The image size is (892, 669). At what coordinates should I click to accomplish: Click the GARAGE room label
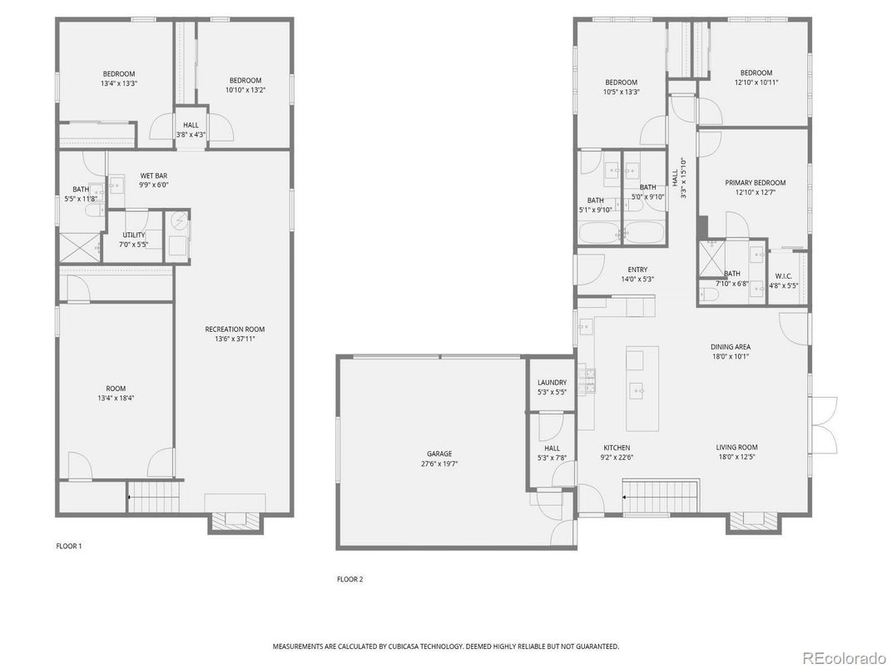pyautogui.click(x=439, y=454)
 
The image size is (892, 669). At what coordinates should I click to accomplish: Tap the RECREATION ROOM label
pyautogui.click(x=235, y=330)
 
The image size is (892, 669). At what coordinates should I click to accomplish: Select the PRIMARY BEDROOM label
pyautogui.click(x=755, y=183)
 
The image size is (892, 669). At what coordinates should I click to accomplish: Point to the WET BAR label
pyautogui.click(x=152, y=176)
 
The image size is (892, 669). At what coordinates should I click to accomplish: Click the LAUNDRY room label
pyautogui.click(x=552, y=383)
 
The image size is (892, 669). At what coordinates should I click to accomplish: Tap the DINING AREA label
pyautogui.click(x=730, y=347)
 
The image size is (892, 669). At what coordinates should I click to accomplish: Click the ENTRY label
pyautogui.click(x=637, y=270)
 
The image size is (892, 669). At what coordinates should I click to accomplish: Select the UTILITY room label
pyautogui.click(x=134, y=235)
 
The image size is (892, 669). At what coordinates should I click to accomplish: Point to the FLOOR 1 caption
pyautogui.click(x=69, y=547)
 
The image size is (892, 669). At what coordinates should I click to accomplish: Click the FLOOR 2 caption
pyautogui.click(x=349, y=579)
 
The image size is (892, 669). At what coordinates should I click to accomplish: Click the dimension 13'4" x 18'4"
pyautogui.click(x=115, y=399)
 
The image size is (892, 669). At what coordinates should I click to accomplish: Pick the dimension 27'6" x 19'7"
pyautogui.click(x=439, y=464)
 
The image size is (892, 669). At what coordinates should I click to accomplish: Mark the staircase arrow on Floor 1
pyautogui.click(x=130, y=498)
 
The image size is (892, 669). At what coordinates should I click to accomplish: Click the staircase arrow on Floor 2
pyautogui.click(x=626, y=498)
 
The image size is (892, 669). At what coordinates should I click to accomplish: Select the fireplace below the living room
pyautogui.click(x=754, y=520)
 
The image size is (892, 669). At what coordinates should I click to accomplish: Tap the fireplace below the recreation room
pyautogui.click(x=236, y=520)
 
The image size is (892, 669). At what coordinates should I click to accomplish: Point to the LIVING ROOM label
pyautogui.click(x=736, y=448)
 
